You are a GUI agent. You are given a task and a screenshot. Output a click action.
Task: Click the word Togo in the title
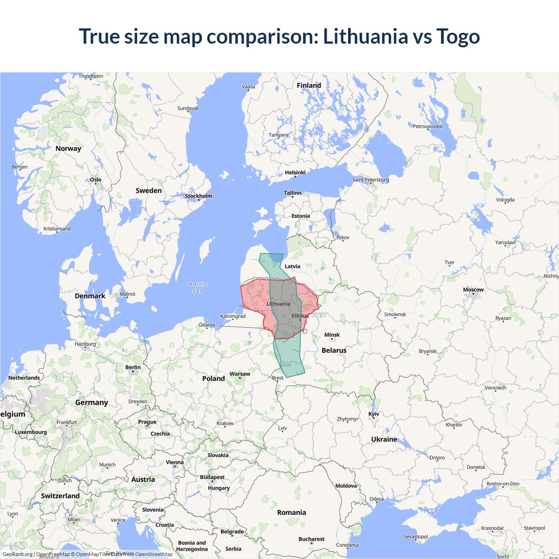click(x=458, y=36)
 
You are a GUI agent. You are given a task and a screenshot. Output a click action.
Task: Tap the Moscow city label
click(x=473, y=290)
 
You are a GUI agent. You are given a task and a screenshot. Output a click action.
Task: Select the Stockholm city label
click(x=198, y=196)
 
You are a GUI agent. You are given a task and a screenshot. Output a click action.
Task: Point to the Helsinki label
click(x=295, y=173)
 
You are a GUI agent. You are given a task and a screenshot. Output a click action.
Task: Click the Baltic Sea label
click(x=198, y=287)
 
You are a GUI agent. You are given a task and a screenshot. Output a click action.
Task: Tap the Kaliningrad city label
click(x=233, y=316)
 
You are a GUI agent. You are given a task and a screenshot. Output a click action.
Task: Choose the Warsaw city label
click(x=240, y=374)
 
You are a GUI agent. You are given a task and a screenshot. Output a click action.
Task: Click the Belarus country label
click(x=334, y=350)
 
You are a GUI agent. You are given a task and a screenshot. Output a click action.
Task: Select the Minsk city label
click(x=332, y=335)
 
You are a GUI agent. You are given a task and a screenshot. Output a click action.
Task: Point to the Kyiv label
click(x=373, y=414)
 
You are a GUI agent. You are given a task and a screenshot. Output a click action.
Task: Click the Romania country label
click(x=291, y=512)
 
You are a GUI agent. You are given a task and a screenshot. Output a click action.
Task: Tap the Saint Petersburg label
click(x=370, y=179)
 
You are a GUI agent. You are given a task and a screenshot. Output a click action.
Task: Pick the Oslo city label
click(x=96, y=179)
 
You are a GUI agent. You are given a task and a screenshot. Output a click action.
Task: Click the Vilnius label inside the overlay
click(x=300, y=316)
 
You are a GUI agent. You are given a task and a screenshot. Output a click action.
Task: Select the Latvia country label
click(x=292, y=266)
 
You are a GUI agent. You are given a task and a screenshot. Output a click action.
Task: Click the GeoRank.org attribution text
click(x=17, y=554)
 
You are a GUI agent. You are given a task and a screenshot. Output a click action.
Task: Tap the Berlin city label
click(x=133, y=367)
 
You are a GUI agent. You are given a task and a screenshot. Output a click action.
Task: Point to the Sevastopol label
click(x=415, y=537)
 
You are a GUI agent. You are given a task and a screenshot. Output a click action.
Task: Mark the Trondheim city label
click(x=90, y=76)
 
